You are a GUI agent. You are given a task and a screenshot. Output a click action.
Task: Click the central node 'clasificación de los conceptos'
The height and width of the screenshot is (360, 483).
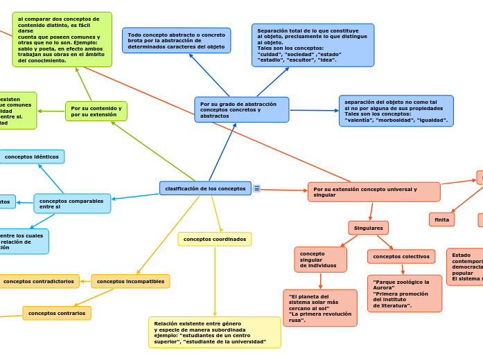point(205,188)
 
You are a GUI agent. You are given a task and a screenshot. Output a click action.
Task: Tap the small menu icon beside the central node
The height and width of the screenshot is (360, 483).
point(257,188)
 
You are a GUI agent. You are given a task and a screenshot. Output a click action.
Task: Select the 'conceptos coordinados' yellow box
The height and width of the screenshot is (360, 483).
point(214,239)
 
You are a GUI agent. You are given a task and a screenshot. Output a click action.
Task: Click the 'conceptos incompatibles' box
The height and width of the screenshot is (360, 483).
point(130,281)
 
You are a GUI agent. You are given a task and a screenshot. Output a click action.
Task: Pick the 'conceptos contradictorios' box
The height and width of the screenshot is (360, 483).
point(39,281)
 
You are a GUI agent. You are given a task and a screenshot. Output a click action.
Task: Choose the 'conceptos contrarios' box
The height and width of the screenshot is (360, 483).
point(57,313)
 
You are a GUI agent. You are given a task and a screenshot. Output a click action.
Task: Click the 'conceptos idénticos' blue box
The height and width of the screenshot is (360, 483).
point(32,156)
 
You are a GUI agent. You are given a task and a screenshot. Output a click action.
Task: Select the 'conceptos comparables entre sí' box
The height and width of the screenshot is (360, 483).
point(72,204)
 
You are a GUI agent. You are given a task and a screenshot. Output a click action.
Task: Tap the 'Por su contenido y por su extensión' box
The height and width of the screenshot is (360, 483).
point(96,111)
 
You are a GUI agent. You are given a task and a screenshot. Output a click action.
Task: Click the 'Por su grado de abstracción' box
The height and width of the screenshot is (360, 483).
point(241,109)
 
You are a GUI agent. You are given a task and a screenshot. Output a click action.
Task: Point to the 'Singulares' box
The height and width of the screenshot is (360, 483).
point(368,228)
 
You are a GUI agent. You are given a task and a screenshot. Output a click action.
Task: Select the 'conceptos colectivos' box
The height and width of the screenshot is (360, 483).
point(401,256)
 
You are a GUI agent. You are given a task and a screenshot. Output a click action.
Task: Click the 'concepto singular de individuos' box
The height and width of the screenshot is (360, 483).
point(320,259)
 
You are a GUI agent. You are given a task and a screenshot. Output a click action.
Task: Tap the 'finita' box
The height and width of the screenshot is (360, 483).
point(441,219)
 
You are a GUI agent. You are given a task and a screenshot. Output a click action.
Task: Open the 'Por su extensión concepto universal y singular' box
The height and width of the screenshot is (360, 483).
point(374,192)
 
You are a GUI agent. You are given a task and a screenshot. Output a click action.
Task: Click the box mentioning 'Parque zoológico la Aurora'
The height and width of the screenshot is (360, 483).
point(404,294)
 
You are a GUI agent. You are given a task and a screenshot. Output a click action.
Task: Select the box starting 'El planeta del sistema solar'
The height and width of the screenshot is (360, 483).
point(320,307)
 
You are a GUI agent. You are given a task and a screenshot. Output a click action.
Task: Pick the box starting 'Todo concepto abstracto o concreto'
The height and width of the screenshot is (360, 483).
point(176,40)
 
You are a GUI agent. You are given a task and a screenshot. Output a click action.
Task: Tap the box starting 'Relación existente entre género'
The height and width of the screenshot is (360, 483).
point(214,332)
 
